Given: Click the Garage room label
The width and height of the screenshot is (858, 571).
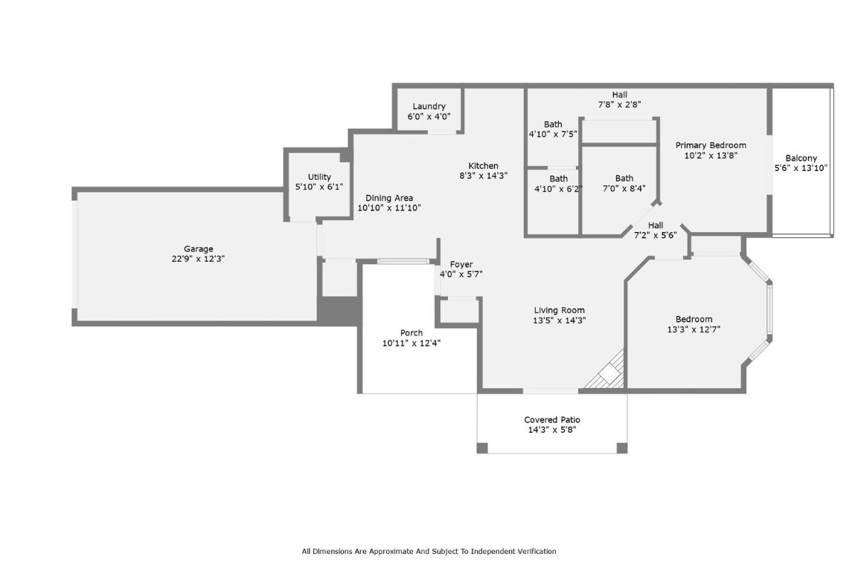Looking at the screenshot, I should click(x=199, y=249).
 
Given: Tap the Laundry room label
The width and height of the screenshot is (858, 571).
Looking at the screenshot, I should click(x=429, y=106).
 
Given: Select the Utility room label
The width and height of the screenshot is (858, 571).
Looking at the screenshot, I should click(x=319, y=177).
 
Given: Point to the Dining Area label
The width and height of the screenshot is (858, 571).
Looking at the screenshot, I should click(x=389, y=198).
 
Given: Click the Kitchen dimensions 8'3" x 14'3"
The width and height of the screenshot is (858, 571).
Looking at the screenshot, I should click(x=483, y=176).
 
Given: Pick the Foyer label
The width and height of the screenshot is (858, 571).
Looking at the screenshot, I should click(x=461, y=265).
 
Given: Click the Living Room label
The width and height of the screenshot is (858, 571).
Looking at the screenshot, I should click(x=559, y=310).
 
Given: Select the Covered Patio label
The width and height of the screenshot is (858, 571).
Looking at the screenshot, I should click(x=552, y=420).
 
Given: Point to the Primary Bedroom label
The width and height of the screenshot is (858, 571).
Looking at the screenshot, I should click(x=711, y=145).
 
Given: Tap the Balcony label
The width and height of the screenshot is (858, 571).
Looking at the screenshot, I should click(x=801, y=158).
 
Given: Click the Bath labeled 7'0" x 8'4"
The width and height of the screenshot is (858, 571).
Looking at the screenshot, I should click(x=624, y=178).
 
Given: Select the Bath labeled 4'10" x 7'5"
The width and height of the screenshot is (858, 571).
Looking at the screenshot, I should click(x=553, y=124).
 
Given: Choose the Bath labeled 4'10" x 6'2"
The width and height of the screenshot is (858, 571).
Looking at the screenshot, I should click(x=558, y=178).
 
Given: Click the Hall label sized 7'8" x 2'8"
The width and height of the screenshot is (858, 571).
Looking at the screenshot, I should click(x=619, y=94).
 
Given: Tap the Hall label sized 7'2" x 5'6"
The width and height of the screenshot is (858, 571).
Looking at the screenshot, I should click(x=655, y=225).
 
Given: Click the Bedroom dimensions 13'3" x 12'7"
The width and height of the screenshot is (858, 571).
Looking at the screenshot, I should click(x=694, y=329).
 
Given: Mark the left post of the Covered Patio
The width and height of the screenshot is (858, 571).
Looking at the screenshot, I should click(x=482, y=448).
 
